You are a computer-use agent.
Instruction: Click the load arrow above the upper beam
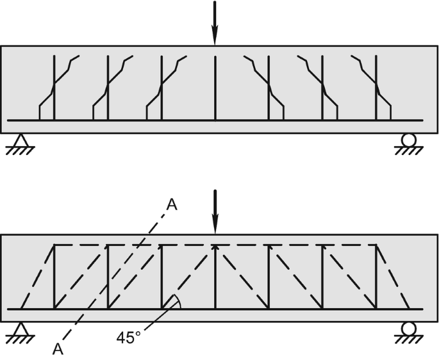pos(215,22)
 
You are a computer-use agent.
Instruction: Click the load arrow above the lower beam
pos(215,211)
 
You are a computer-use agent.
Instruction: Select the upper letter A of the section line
pos(171,204)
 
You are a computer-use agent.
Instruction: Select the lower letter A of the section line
pos(58,349)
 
